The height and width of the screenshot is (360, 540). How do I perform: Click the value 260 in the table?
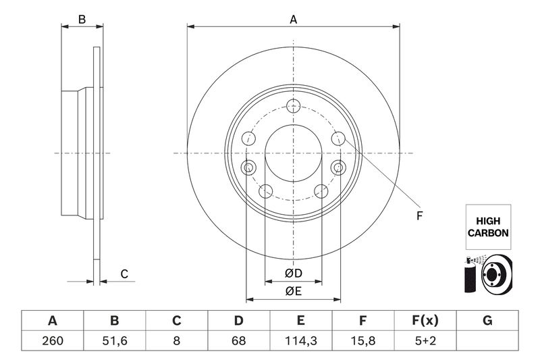[53, 340]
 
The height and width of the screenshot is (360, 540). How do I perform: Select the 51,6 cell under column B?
[114, 340]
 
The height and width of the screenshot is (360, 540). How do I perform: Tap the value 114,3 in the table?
[300, 340]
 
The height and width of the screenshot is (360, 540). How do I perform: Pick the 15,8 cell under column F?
[362, 340]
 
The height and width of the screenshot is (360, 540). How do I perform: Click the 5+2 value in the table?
[425, 340]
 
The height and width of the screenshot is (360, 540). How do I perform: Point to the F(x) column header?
[425, 320]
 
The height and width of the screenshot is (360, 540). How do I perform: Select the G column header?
[487, 320]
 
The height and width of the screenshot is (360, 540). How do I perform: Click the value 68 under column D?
[239, 340]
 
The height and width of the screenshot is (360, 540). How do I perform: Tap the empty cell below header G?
[487, 340]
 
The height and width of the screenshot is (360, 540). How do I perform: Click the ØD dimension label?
[294, 273]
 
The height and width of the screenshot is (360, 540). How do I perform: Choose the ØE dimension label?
[294, 291]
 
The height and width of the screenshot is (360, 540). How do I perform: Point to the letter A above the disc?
[293, 20]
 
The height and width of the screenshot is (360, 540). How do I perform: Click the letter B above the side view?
[82, 20]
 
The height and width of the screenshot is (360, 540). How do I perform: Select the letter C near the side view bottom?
[124, 274]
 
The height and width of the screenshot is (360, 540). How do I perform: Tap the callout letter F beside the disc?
[419, 216]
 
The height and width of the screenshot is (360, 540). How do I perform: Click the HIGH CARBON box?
[488, 227]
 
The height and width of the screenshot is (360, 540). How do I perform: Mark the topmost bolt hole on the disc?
[294, 106]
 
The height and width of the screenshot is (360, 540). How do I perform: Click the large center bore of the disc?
[294, 153]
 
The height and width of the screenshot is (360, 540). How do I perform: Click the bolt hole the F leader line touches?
[338, 138]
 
